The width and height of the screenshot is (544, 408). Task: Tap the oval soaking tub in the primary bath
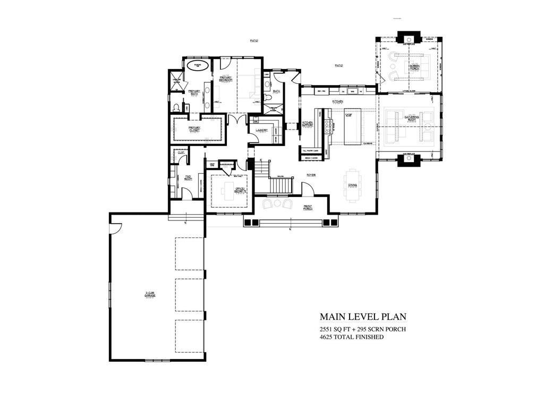(x=199, y=65)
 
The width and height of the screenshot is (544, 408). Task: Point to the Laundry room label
(x=261, y=129)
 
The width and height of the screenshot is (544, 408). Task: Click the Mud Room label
(x=188, y=179)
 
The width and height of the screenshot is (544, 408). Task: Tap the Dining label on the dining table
(x=353, y=185)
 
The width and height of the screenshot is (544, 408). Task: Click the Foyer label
(x=311, y=174)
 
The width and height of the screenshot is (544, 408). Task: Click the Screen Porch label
(x=415, y=66)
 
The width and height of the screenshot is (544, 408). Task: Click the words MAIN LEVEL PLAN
(x=363, y=317)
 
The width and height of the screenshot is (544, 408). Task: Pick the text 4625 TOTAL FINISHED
(x=352, y=337)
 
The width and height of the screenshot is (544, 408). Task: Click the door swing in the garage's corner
(x=116, y=227)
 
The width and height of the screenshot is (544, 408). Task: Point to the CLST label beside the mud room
(x=181, y=153)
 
